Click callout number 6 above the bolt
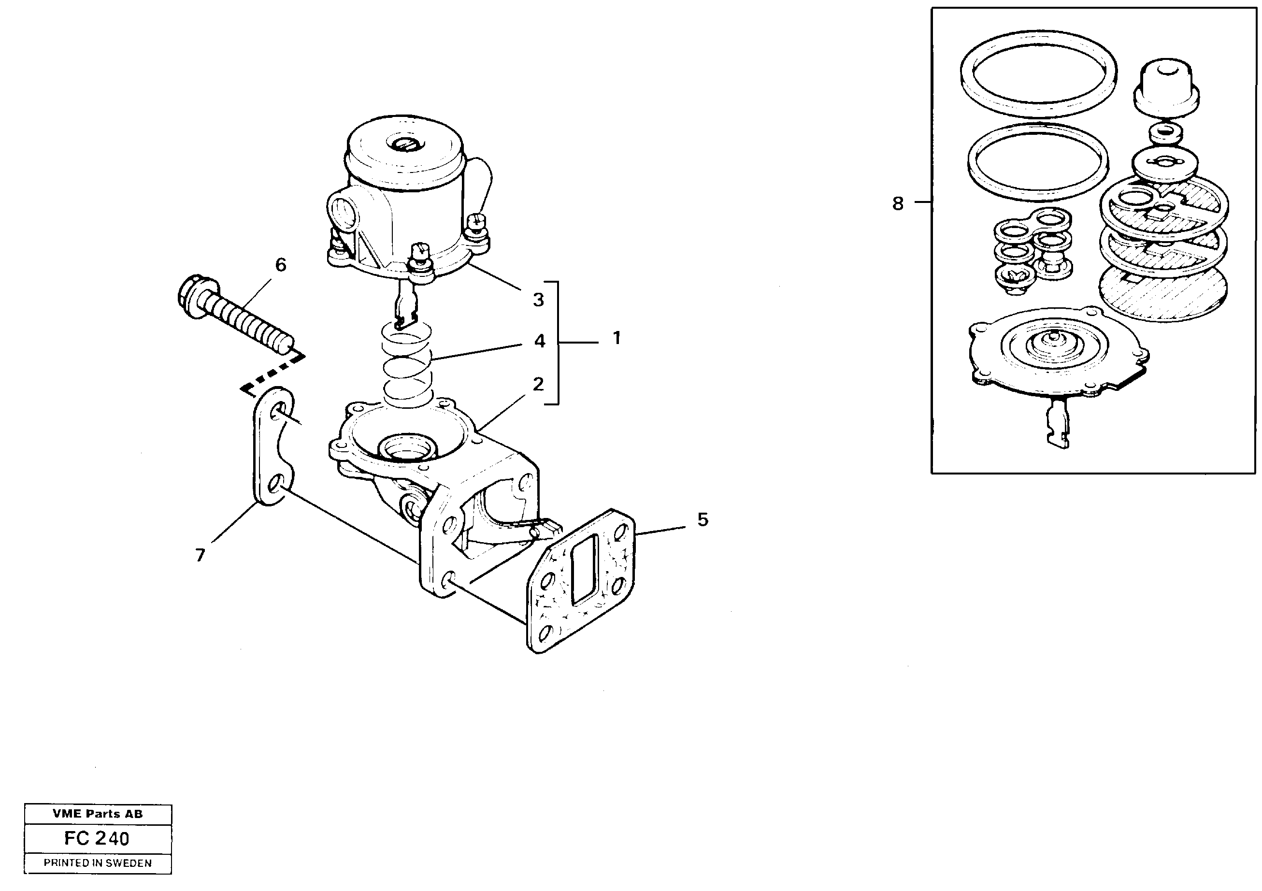(x=280, y=265)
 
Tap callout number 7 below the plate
(x=200, y=555)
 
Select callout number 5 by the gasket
(x=703, y=519)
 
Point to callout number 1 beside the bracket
(x=617, y=338)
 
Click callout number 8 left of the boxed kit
(x=898, y=204)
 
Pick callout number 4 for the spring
(x=539, y=341)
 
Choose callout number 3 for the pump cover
(x=538, y=300)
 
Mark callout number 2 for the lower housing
(x=538, y=384)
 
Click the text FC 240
(x=97, y=838)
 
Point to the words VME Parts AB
(x=97, y=814)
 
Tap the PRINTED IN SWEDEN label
(x=97, y=863)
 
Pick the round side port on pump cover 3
(x=344, y=212)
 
